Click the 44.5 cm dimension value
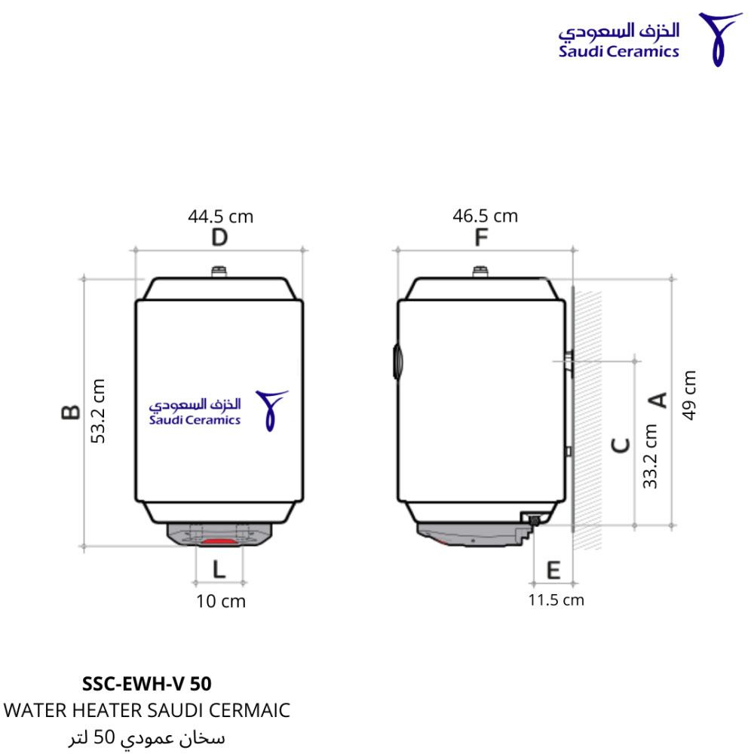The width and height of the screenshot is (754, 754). [221, 216]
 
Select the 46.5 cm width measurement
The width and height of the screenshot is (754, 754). [485, 216]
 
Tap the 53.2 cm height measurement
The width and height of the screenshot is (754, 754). [98, 411]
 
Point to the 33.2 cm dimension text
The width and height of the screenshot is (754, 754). [650, 456]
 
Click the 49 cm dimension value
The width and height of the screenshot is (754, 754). [689, 395]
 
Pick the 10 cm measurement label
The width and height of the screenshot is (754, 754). [221, 601]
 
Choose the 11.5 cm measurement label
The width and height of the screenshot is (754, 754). [556, 600]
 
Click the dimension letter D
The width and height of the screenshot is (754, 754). [219, 238]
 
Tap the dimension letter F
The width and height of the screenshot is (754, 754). [481, 237]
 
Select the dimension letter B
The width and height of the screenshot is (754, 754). [71, 412]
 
